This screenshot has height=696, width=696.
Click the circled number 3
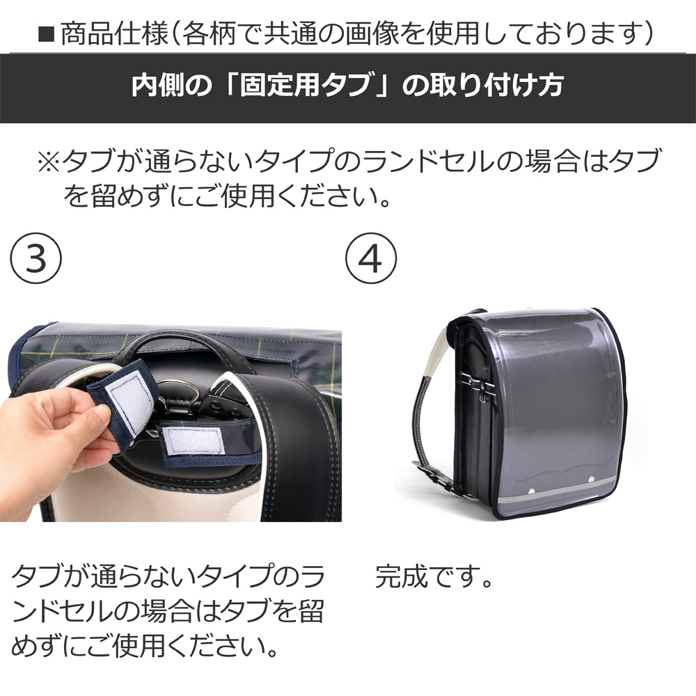click(36, 258)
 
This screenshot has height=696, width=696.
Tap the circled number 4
click(371, 258)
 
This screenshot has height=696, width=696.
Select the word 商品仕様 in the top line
click(115, 33)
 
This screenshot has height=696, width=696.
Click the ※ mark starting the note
click(49, 161)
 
